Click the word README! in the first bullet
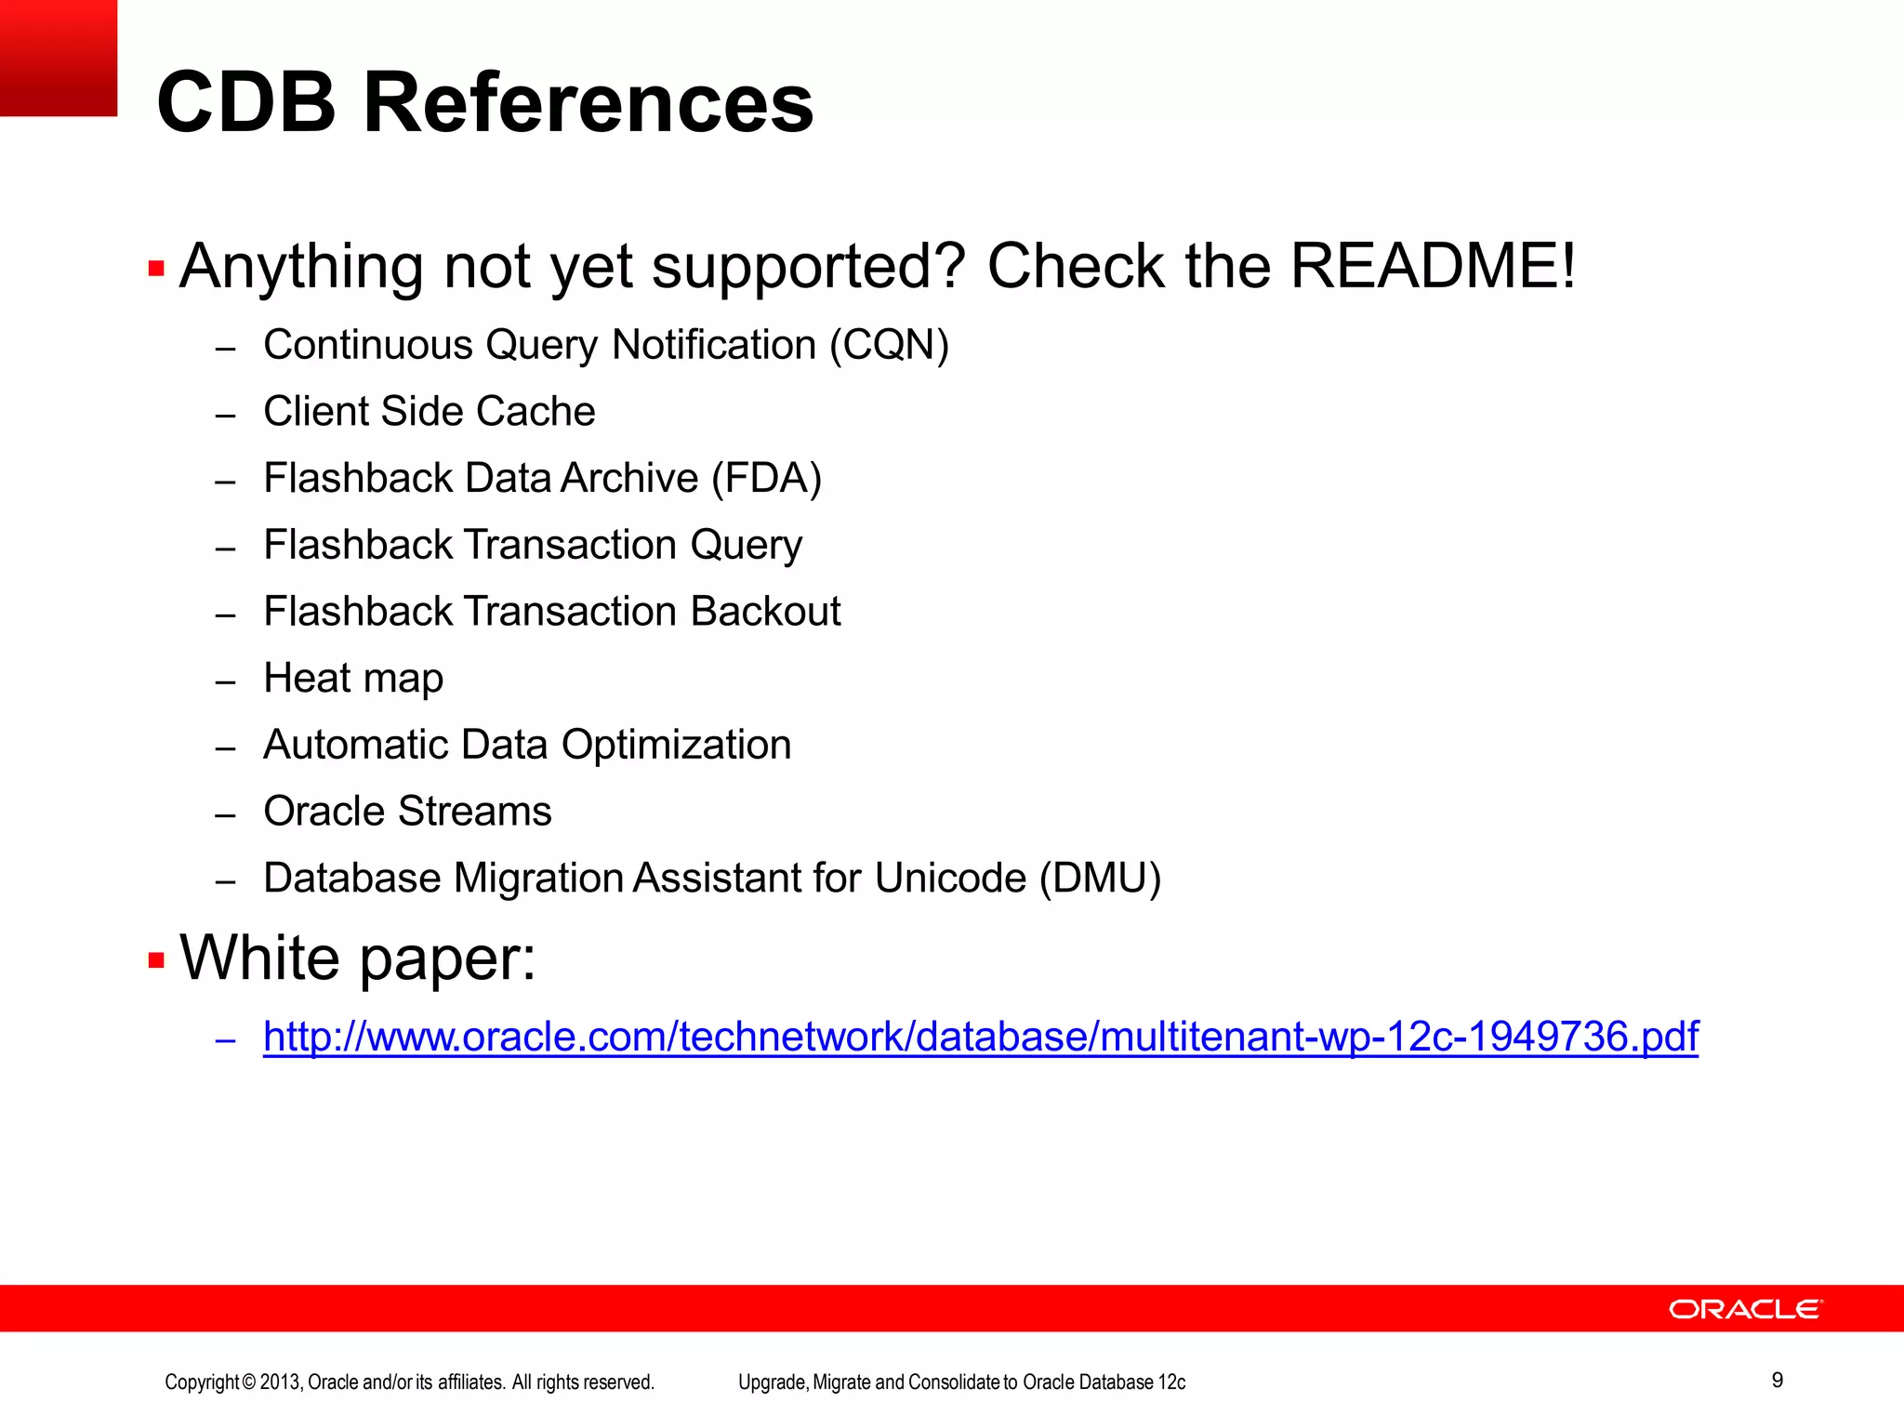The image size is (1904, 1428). click(1433, 266)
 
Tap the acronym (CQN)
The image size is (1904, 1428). click(889, 345)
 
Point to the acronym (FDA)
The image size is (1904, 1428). click(766, 478)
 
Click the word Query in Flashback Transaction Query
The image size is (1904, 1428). click(746, 545)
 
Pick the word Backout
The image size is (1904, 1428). click(765, 612)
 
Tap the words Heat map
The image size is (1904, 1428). click(353, 678)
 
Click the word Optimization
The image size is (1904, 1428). click(676, 745)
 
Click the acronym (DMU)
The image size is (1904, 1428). click(1100, 878)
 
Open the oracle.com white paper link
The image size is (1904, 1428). click(981, 1037)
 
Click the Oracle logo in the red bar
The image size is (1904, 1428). click(1745, 1309)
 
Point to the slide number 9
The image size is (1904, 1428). click(1777, 1381)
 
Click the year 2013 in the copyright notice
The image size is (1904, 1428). click(280, 1382)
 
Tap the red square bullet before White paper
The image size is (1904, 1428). click(156, 959)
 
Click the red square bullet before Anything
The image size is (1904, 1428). click(156, 269)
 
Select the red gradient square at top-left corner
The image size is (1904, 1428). click(58, 58)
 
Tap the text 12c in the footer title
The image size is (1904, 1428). click(1172, 1382)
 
